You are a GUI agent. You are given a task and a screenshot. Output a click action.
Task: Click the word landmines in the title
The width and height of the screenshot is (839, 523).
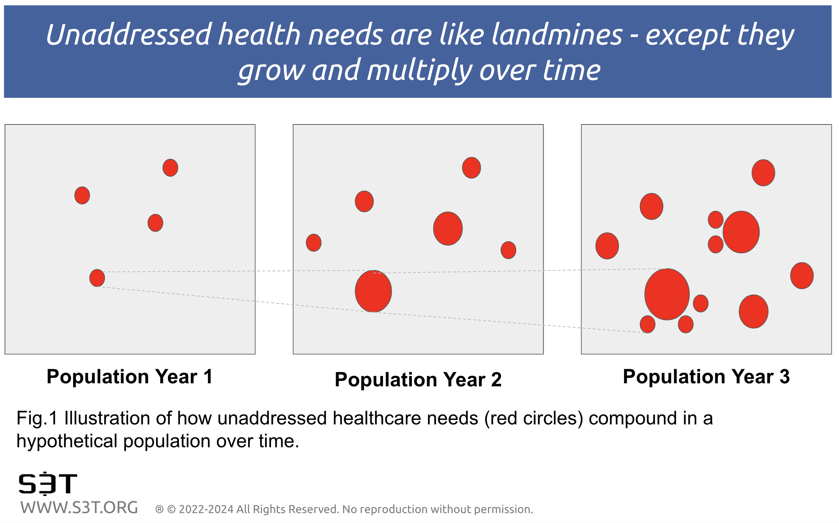point(557,35)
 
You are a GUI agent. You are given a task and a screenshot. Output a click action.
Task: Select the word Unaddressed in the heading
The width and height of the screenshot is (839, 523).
point(128,35)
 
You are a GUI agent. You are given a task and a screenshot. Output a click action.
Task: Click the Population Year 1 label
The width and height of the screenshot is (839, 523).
point(129,376)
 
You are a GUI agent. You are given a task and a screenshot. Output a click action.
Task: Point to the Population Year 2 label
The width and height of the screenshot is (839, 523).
point(418,379)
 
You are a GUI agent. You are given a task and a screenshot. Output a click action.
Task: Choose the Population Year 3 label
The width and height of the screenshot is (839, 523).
point(706,376)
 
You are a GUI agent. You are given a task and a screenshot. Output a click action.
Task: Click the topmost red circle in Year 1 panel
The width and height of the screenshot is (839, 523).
point(170,167)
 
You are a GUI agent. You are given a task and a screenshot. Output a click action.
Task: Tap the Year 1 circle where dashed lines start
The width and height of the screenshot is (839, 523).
point(97,278)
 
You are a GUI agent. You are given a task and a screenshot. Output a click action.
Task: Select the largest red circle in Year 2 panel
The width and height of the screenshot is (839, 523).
point(373,291)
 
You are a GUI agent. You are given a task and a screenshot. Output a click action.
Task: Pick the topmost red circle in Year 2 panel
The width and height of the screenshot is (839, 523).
point(472,167)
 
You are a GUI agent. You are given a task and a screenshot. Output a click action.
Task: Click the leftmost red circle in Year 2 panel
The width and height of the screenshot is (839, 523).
point(314,242)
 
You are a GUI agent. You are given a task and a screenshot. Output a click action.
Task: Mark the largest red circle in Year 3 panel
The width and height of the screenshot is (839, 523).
point(667,294)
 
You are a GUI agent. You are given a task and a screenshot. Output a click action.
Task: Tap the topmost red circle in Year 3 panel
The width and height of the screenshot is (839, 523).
point(763,172)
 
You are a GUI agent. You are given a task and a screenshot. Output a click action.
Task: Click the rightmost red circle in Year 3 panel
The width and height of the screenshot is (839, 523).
point(802,276)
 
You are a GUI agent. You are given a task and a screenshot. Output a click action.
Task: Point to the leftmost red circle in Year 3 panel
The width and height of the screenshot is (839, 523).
point(607,246)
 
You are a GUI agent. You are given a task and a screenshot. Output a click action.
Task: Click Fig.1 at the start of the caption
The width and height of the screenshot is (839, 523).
point(37,418)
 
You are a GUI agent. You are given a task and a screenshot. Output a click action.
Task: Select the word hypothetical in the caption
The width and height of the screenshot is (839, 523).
point(67,442)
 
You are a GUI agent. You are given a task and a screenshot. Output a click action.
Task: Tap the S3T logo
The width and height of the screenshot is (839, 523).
point(48,483)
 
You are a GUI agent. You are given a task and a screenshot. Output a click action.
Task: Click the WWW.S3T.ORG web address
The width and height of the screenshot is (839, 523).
point(79,508)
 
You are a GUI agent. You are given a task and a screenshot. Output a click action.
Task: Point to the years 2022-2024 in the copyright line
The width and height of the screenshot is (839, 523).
point(206,509)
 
